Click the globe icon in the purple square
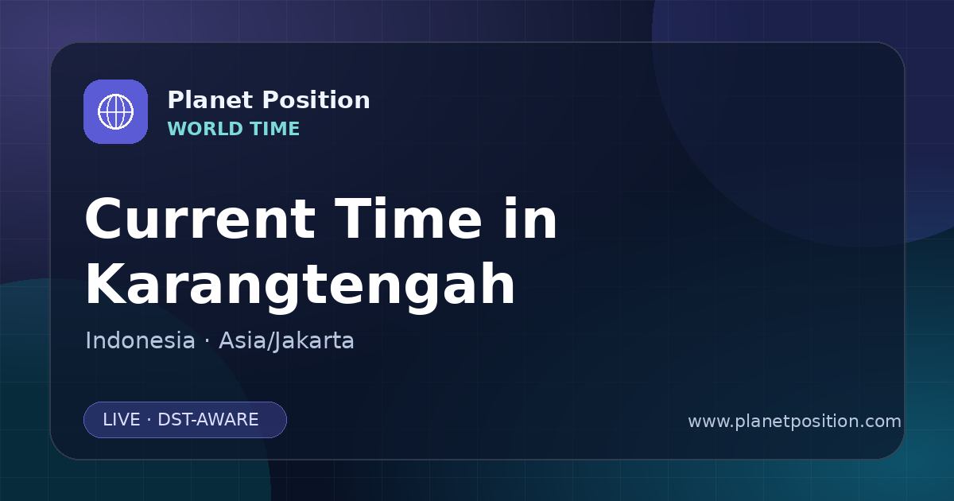pyautogui.click(x=115, y=111)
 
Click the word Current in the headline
pyautogui.click(x=200, y=219)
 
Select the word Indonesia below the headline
pyautogui.click(x=140, y=340)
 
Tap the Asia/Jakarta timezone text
pyautogui.click(x=286, y=341)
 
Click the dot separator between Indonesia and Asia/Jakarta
pyautogui.click(x=207, y=342)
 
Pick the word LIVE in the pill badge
pyautogui.click(x=122, y=420)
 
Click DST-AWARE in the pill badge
pyautogui.click(x=207, y=420)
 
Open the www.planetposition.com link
pyautogui.click(x=794, y=421)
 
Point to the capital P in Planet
pyautogui.click(x=176, y=100)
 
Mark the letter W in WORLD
pyautogui.click(x=179, y=129)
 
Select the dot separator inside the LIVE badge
pyautogui.click(x=149, y=420)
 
